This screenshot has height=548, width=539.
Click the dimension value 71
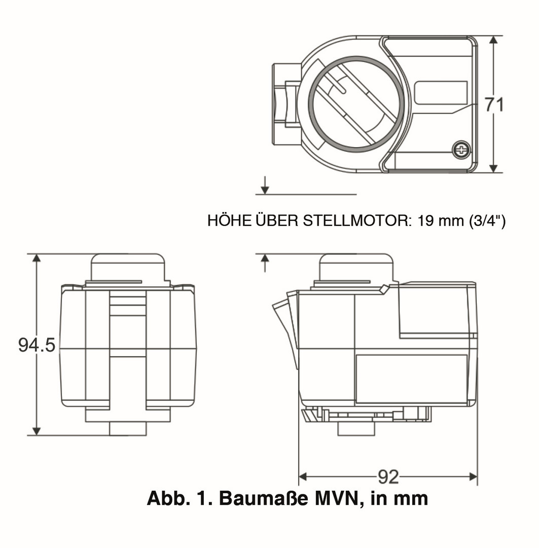click(494, 105)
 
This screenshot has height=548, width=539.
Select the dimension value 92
click(388, 476)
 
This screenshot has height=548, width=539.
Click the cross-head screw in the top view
click(461, 149)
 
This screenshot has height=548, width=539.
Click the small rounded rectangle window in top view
click(441, 92)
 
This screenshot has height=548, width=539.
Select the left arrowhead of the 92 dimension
click(303, 476)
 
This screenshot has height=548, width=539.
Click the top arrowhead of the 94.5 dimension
click(37, 258)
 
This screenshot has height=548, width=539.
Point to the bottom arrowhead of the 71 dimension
click(495, 168)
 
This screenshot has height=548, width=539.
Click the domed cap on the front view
click(128, 267)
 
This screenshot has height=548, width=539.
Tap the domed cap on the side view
click(356, 267)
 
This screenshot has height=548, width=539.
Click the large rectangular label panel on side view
click(411, 379)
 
